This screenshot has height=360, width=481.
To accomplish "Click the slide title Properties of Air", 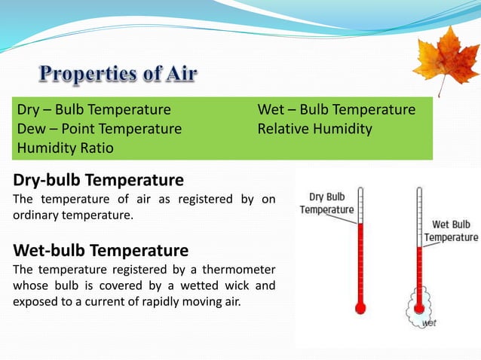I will [x=118, y=74].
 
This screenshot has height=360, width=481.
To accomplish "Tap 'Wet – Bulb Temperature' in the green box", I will [x=336, y=110].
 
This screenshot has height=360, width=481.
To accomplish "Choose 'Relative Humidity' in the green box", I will [x=314, y=129].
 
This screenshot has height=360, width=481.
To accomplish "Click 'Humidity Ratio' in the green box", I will [x=65, y=148].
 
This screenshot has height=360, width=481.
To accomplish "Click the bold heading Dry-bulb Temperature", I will [x=98, y=180].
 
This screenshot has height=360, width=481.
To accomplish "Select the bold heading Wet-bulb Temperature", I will [x=100, y=249].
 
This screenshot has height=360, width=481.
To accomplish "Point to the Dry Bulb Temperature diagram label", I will [x=326, y=203].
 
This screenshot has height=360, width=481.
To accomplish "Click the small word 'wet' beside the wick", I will [x=429, y=322].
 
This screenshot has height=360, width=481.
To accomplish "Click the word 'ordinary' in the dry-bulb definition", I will [x=35, y=215].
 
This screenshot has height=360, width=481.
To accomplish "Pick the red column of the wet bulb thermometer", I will [x=419, y=271].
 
